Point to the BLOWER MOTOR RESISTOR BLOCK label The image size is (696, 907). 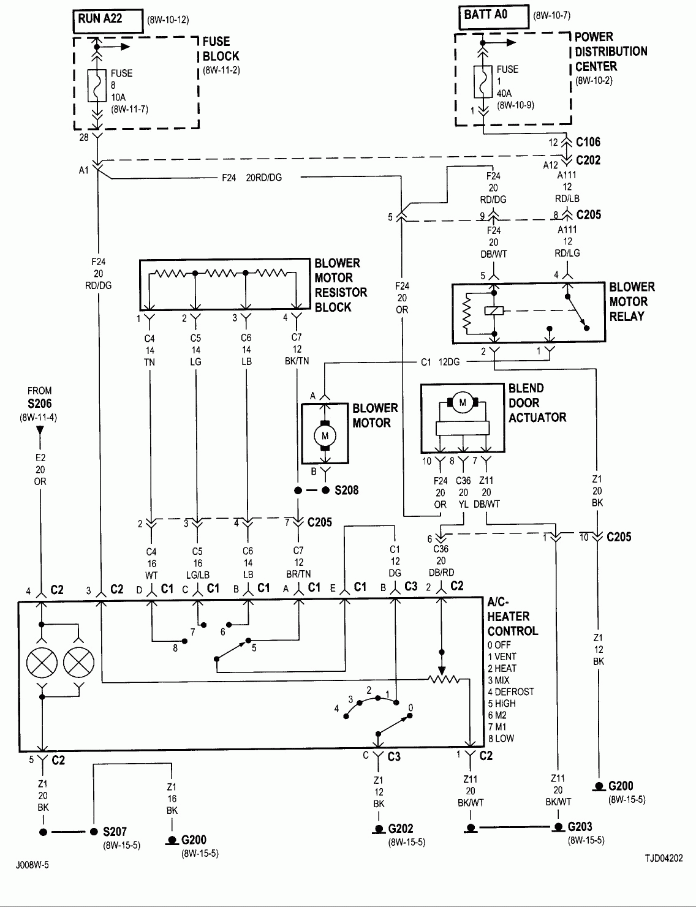click(x=341, y=285)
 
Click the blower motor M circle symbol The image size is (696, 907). click(x=325, y=435)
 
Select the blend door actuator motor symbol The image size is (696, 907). click(x=463, y=402)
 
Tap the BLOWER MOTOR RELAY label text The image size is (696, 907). click(x=631, y=301)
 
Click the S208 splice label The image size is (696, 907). click(x=347, y=491)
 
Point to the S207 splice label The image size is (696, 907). click(x=115, y=832)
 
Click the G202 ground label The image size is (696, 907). click(x=400, y=829)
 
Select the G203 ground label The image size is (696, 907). click(x=580, y=826)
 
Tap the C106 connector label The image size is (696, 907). click(x=588, y=142)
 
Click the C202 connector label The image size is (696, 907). click(x=588, y=160)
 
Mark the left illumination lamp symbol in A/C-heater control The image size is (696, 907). click(x=42, y=662)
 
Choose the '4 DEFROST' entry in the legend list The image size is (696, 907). click(x=511, y=691)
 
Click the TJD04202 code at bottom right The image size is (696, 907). click(x=663, y=859)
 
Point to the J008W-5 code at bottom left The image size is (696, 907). click(x=33, y=866)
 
